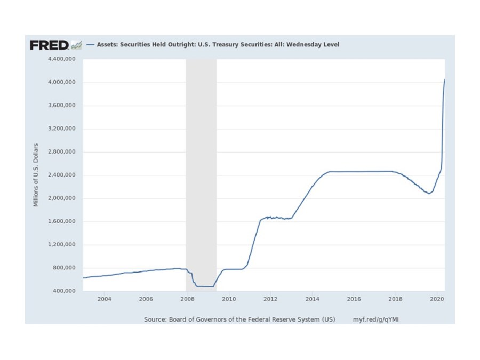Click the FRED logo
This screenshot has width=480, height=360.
click(x=49, y=45)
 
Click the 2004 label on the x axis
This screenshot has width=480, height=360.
click(x=104, y=299)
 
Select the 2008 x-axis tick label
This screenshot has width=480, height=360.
click(x=187, y=299)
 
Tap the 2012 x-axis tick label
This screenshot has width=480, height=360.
click(x=270, y=299)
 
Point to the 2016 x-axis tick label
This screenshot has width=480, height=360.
click(x=354, y=299)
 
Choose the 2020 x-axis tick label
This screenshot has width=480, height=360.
click(x=437, y=299)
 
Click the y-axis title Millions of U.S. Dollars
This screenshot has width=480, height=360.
click(x=36, y=175)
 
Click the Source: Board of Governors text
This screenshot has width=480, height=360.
click(x=239, y=319)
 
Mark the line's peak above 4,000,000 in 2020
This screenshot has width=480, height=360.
click(x=445, y=80)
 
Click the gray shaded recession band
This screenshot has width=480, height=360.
click(x=201, y=160)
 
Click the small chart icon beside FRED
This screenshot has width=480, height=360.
click(x=77, y=45)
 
